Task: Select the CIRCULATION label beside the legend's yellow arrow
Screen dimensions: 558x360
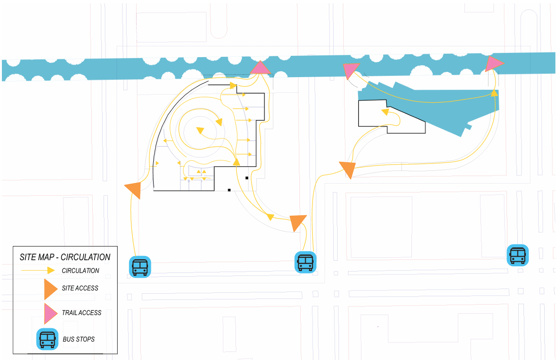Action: pos(80,271)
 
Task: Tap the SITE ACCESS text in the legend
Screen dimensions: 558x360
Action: pos(80,288)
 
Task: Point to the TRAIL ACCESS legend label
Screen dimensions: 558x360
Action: pos(81,313)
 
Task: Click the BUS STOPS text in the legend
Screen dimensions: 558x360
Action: pos(78,339)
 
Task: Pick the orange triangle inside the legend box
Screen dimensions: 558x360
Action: pos(50,288)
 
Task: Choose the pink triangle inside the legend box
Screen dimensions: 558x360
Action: pos(50,314)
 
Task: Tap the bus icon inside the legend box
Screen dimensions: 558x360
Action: pos(47,339)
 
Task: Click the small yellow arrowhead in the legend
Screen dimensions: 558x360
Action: pos(51,270)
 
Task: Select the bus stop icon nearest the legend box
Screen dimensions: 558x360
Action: pos(140,267)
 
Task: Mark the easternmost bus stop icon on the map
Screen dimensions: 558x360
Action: pos(517,255)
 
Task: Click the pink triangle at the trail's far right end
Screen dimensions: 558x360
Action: pos(493,63)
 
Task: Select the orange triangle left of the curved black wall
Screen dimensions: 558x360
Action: pos(134,189)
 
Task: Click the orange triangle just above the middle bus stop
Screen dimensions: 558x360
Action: pos(298,222)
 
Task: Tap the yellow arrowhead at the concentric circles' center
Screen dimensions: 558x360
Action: pos(201,130)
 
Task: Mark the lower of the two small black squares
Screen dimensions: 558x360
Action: pos(229,190)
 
